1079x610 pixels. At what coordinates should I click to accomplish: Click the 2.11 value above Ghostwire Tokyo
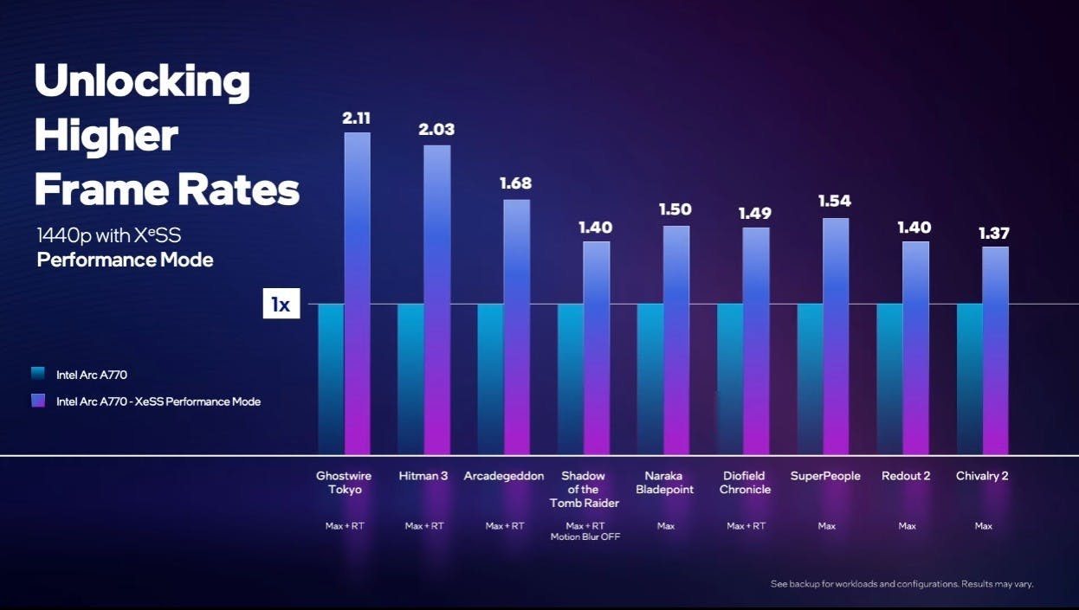[357, 118]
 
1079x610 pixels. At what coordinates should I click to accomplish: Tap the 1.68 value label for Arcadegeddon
[516, 183]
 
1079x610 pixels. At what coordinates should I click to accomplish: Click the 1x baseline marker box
[281, 305]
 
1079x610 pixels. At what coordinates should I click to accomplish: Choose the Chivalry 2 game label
[982, 476]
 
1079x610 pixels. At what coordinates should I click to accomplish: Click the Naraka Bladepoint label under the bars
[665, 483]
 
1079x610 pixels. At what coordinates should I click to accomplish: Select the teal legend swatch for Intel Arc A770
[37, 375]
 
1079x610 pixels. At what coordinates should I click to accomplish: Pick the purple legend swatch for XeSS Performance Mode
[37, 401]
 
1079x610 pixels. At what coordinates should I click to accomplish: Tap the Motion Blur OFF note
[585, 536]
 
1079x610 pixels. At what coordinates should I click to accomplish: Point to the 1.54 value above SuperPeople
[835, 201]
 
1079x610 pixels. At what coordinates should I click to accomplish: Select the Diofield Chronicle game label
[745, 483]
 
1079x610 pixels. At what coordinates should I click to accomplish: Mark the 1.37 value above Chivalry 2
[994, 233]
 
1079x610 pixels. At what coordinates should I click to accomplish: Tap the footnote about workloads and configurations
[901, 584]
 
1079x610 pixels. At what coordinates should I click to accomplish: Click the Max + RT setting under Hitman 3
[424, 526]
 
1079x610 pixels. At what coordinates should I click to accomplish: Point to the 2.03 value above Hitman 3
[436, 130]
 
